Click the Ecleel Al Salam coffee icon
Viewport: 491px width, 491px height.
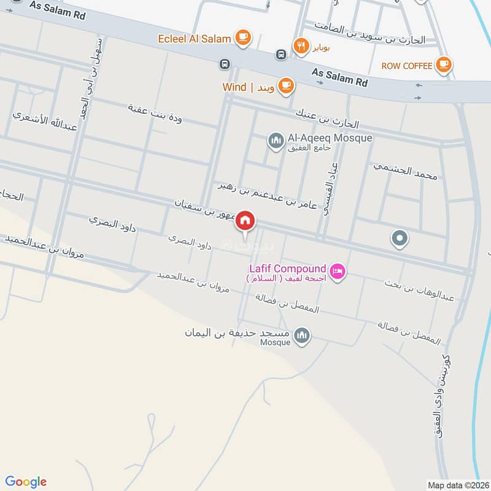point(243,38)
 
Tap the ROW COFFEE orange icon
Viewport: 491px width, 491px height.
point(443,65)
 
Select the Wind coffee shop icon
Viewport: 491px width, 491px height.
point(285,86)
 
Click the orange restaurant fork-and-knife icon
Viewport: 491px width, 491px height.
point(301,45)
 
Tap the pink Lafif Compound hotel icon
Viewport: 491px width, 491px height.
point(337,271)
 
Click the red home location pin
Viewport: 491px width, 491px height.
point(245,220)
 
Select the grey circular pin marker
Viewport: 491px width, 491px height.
point(400,237)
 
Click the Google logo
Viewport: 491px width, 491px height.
point(26,482)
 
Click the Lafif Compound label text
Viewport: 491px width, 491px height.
point(287,268)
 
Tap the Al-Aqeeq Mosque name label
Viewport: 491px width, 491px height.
point(329,138)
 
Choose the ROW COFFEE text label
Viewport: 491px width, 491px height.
point(406,66)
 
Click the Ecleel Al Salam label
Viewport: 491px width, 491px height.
point(195,39)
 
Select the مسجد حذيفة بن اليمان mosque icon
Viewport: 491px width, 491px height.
point(301,335)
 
